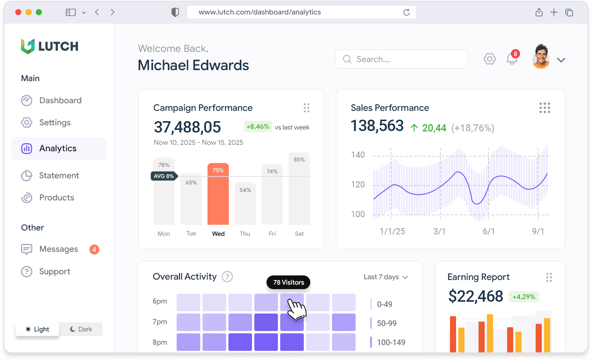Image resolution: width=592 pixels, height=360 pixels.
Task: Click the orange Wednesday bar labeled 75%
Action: click(218, 194)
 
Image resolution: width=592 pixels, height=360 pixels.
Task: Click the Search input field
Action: click(401, 59)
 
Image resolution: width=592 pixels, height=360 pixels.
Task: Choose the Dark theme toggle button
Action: click(81, 329)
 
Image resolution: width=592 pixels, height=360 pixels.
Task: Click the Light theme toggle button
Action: click(37, 329)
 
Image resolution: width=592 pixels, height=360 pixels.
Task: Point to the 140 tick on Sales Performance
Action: click(357, 155)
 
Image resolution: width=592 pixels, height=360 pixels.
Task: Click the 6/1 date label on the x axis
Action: click(489, 232)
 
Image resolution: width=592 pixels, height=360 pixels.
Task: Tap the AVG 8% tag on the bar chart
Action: click(164, 176)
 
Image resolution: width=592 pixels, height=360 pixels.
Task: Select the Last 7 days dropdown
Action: click(386, 277)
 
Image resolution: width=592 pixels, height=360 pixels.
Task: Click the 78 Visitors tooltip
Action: click(288, 282)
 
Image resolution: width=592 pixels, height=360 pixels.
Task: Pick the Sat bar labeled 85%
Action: click(299, 189)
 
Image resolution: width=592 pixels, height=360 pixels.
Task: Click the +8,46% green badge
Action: click(258, 127)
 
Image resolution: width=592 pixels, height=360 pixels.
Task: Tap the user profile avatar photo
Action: click(541, 57)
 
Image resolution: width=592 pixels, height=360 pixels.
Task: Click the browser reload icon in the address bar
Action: click(407, 12)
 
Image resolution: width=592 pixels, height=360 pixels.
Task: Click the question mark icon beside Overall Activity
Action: click(227, 277)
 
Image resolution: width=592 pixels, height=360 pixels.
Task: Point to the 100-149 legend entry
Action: click(388, 342)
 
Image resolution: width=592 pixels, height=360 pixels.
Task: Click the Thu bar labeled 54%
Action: click(245, 204)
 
